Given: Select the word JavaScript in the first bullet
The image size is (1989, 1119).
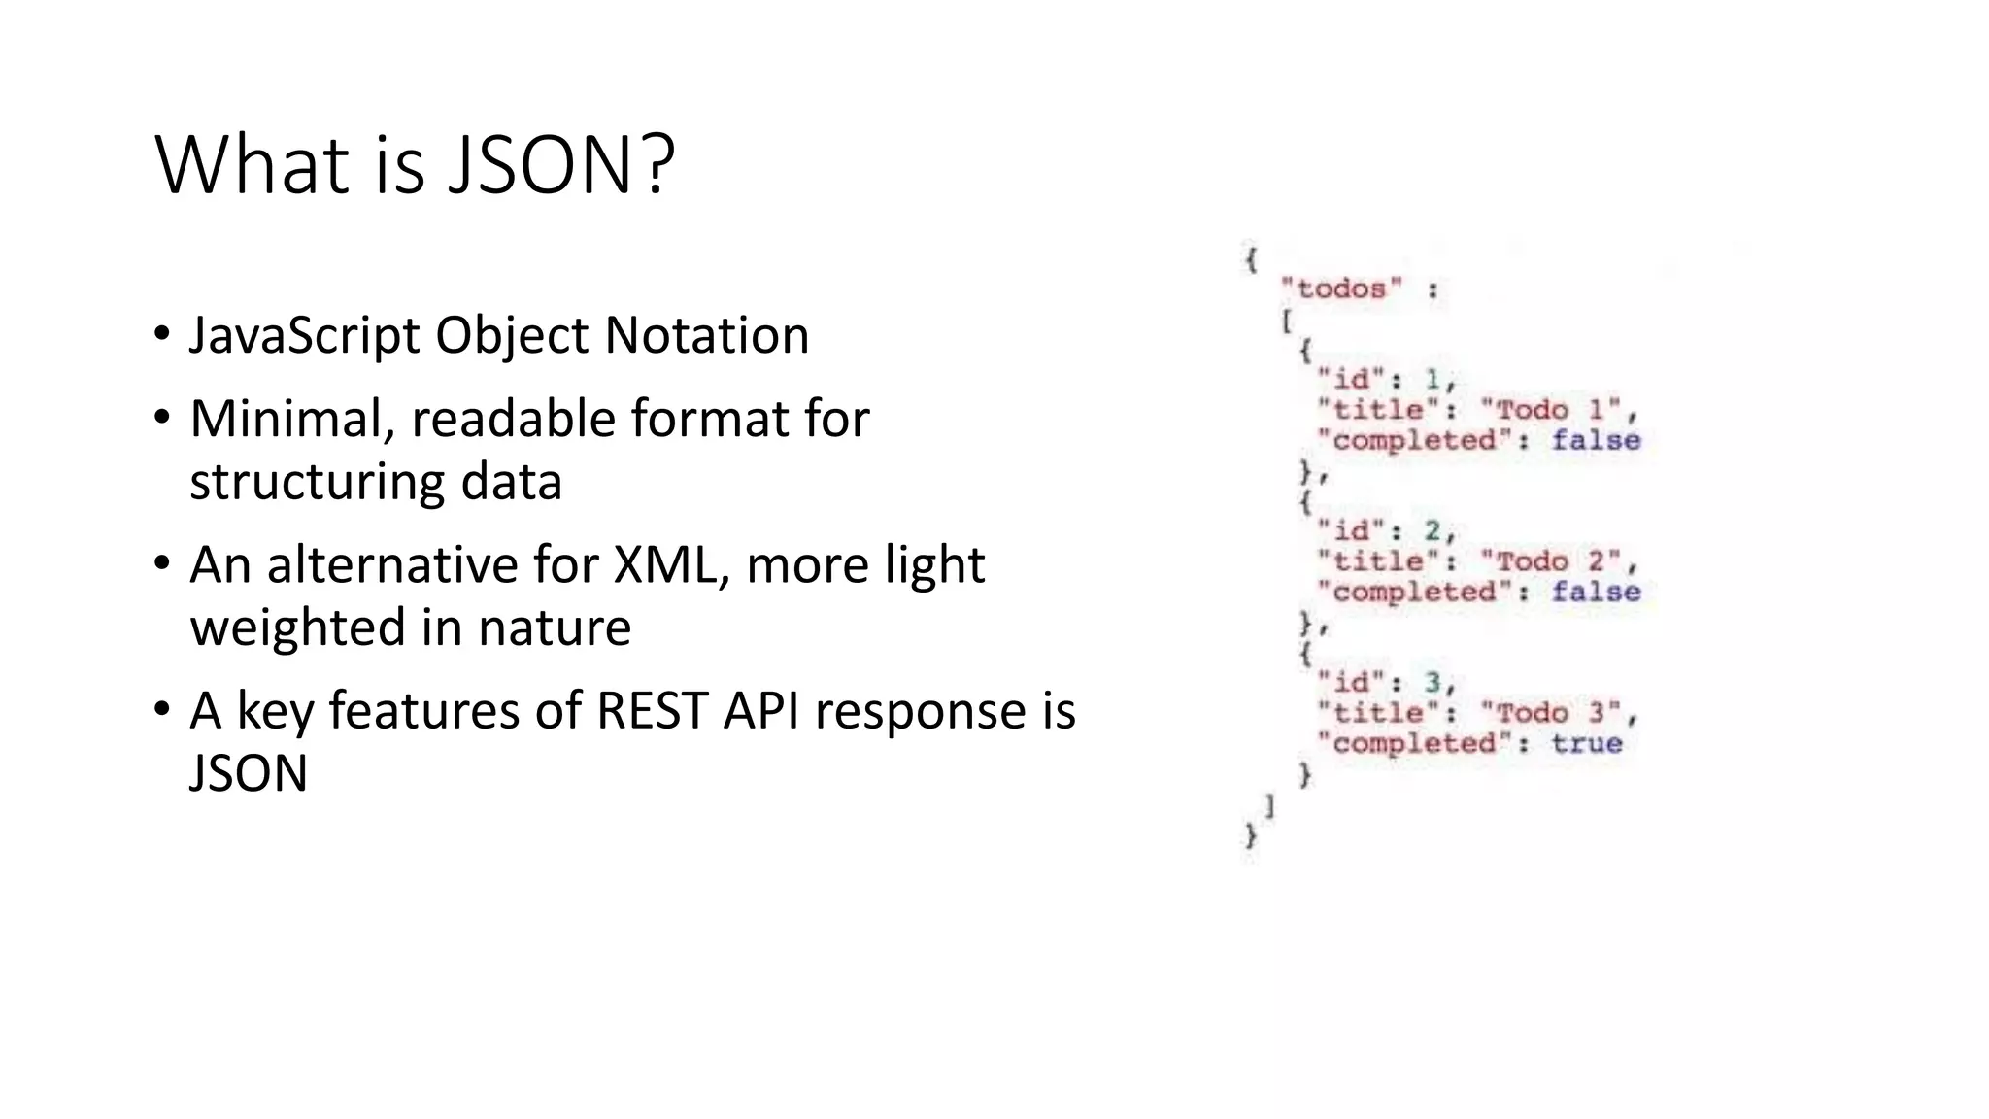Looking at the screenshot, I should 306,336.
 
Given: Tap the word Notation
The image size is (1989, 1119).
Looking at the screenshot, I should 706,336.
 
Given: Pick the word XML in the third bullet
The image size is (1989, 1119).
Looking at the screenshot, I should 671,565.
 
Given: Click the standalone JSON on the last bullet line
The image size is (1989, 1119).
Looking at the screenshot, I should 249,774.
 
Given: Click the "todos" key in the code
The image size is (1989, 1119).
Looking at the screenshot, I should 1341,288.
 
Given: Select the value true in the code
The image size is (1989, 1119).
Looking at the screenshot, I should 1586,744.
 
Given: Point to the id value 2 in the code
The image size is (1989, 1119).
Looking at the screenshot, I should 1433,531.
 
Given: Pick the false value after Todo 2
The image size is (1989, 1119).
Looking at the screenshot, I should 1596,592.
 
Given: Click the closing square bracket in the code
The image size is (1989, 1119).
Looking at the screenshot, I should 1270,805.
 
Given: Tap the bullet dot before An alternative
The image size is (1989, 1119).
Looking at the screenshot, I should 161,563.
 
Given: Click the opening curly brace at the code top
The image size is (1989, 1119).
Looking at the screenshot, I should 1252,259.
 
